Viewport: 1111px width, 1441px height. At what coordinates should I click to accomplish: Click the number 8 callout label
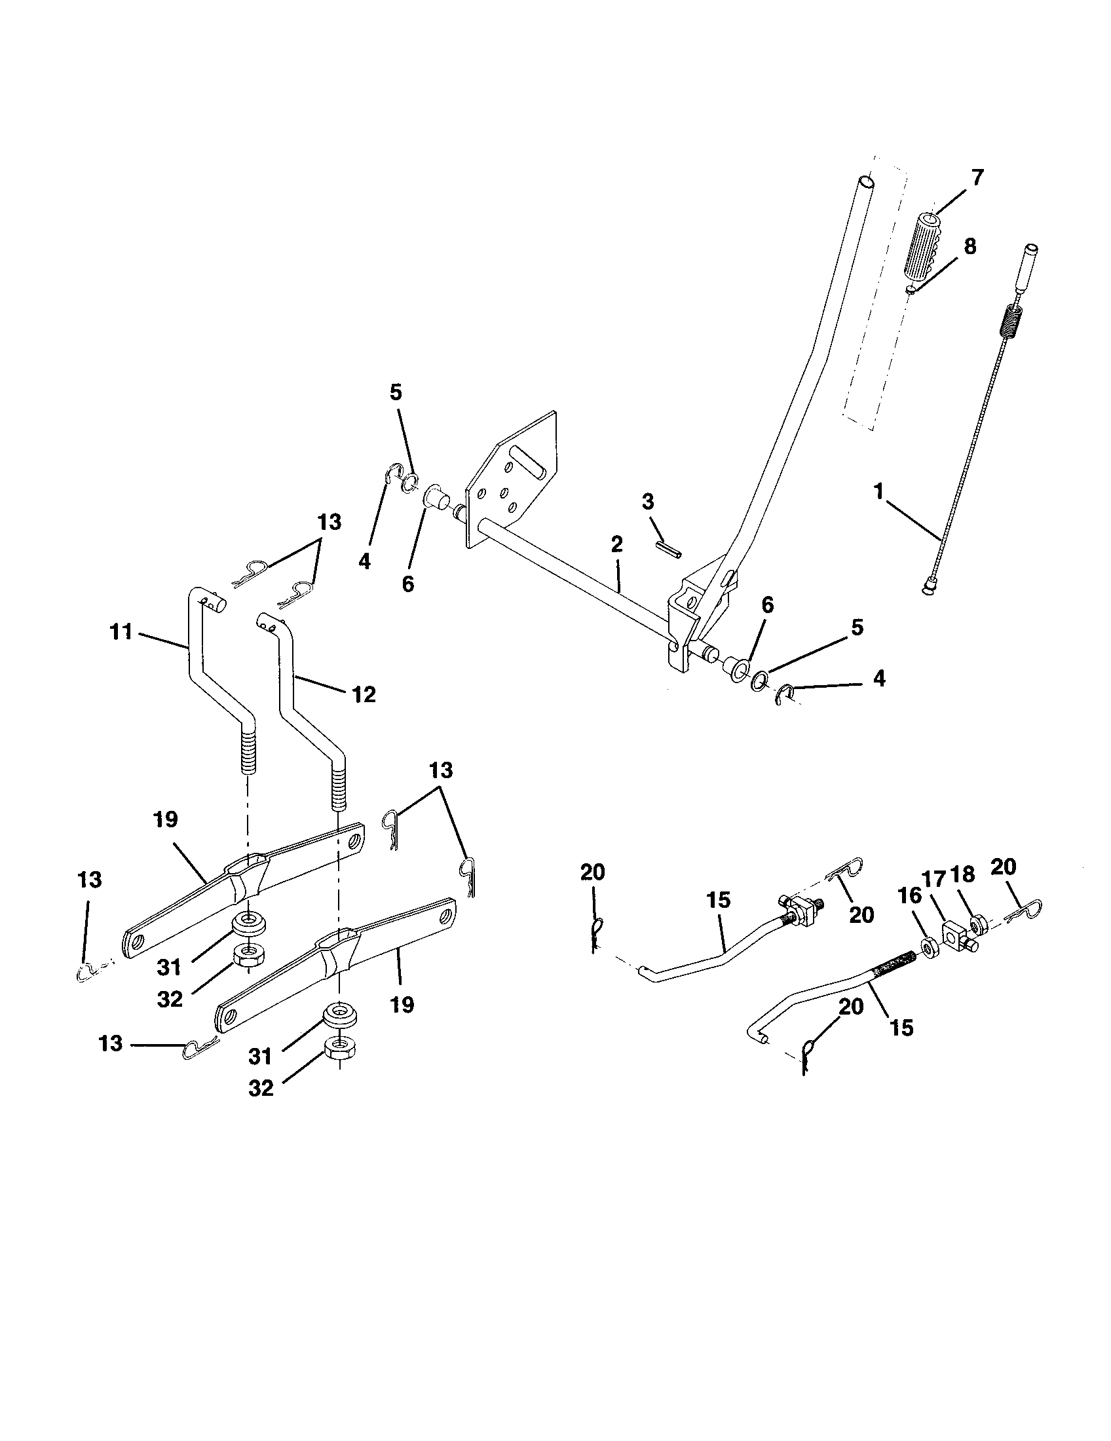click(x=968, y=247)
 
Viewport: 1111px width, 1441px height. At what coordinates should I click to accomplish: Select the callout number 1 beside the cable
click(x=877, y=492)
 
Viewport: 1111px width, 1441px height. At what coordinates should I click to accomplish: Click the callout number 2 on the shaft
click(x=616, y=544)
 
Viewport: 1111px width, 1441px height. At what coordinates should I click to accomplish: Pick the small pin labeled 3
click(x=670, y=549)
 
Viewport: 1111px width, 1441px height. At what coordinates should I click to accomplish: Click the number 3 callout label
click(x=648, y=502)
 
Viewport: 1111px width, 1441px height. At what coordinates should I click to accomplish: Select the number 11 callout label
click(x=121, y=632)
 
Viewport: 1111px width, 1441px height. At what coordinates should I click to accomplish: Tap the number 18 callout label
click(x=963, y=875)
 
